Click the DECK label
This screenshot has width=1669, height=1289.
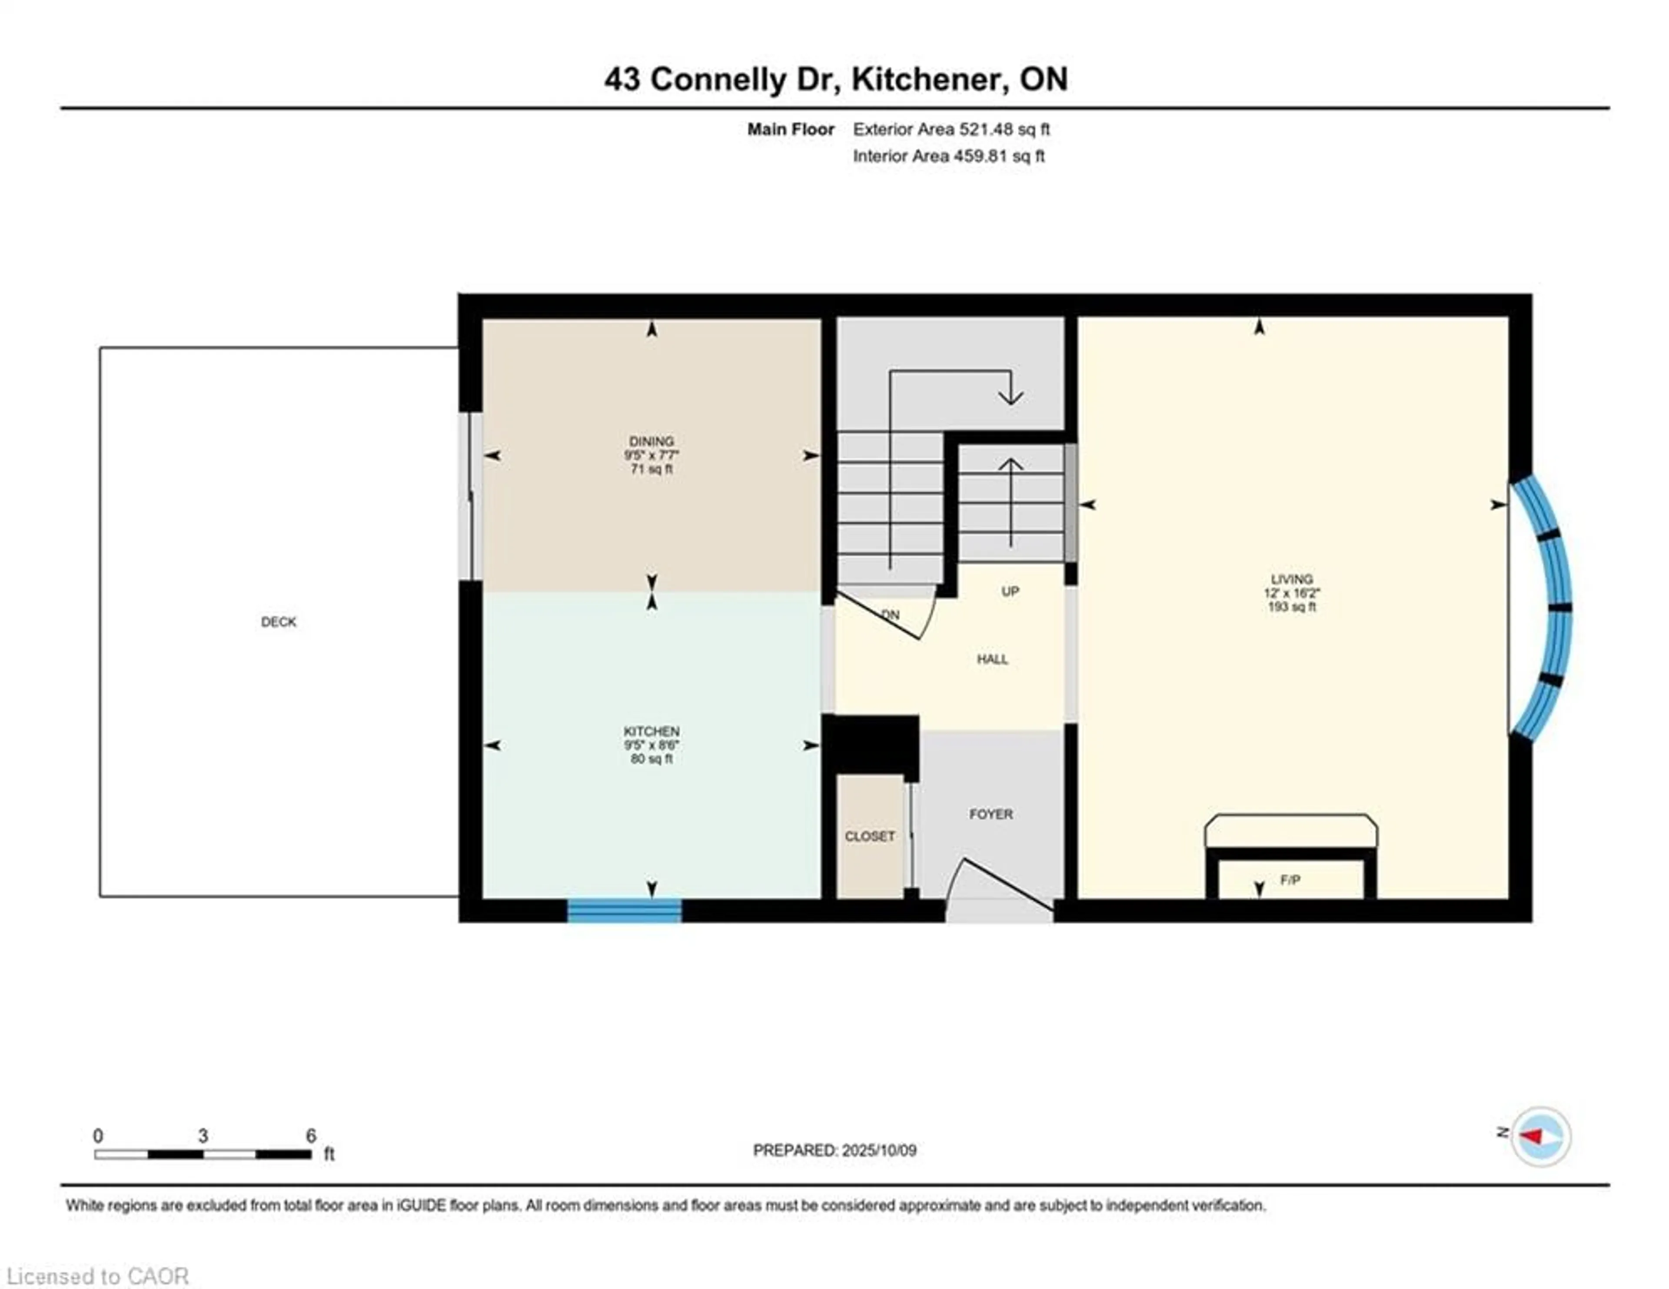[278, 621]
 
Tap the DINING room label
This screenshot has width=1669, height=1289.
[651, 441]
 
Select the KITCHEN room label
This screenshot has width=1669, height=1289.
[651, 731]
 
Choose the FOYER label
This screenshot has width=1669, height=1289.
[991, 814]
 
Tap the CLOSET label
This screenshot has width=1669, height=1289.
[870, 836]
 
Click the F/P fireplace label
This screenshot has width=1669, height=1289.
[1290, 880]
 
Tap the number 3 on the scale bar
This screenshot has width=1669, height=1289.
[203, 1136]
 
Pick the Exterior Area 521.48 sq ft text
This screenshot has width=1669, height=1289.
[951, 129]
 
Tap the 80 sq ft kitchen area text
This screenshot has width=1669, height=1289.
[651, 758]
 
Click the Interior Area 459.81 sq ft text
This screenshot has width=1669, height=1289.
[948, 156]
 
